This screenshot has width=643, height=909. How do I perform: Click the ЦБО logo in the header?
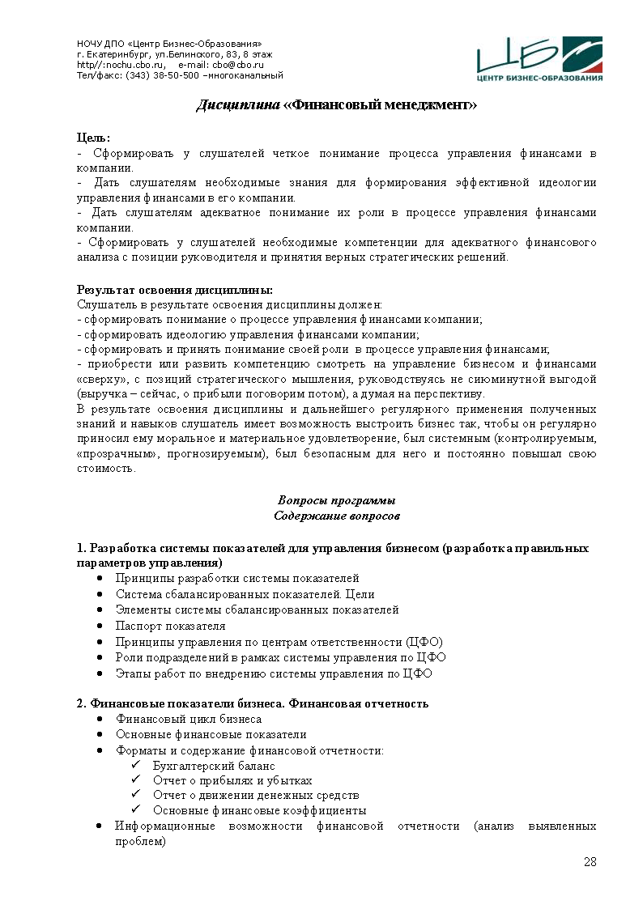(539, 59)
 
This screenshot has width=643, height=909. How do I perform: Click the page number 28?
(590, 861)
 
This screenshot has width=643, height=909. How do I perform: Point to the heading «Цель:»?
(93, 138)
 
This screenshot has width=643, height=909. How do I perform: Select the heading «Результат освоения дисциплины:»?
(174, 290)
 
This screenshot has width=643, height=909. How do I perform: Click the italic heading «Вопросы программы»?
(337, 500)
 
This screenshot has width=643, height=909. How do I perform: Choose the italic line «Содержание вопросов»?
(337, 516)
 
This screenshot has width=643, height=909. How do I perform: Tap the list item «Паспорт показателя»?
(170, 626)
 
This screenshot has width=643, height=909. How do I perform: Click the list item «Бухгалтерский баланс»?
(214, 766)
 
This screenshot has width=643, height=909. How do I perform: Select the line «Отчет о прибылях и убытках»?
(232, 780)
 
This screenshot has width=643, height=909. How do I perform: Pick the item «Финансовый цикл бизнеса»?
(189, 719)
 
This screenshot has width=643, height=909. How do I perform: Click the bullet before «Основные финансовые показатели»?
(99, 735)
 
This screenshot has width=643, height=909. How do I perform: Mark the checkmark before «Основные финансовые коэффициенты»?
(135, 810)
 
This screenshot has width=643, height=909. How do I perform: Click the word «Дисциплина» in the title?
(238, 105)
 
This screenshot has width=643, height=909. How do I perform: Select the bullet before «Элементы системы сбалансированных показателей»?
(99, 610)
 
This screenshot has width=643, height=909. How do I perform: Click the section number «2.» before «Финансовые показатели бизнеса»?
(82, 703)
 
